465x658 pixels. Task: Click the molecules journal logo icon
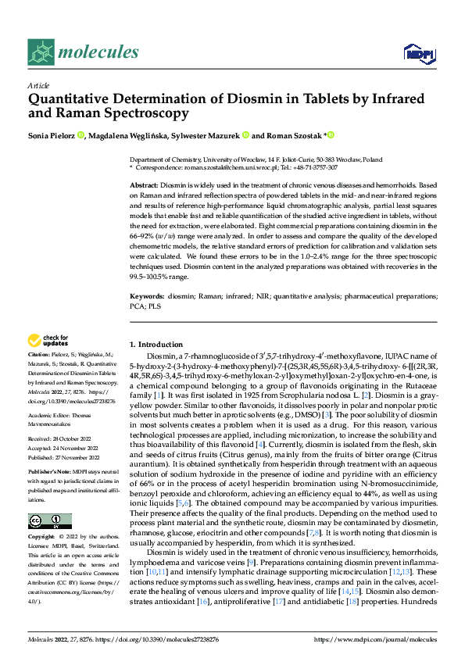(41, 52)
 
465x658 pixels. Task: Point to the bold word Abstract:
(143, 182)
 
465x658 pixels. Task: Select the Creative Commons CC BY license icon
(49, 521)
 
